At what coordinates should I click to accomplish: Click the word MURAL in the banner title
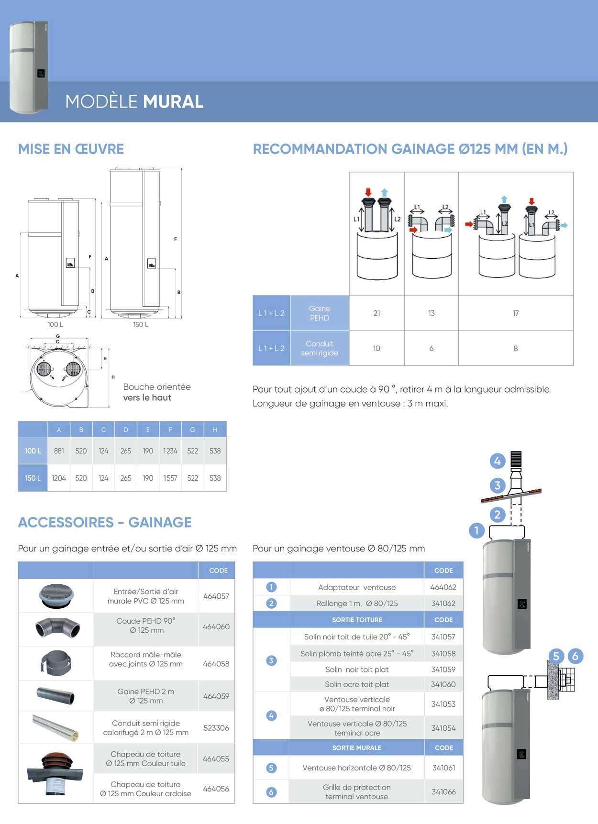(x=173, y=101)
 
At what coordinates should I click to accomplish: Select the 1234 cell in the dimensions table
(x=170, y=450)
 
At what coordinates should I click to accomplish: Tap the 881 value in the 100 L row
(x=59, y=450)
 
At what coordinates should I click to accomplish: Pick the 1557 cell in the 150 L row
(x=170, y=478)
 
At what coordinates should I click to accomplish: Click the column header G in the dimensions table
(x=192, y=429)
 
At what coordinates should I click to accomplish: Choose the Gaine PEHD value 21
(x=377, y=313)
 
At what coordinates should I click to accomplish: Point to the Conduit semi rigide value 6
(x=432, y=348)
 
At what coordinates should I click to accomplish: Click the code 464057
(x=216, y=596)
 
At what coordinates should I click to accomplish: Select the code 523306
(x=216, y=727)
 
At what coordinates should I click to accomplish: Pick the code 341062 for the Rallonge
(x=443, y=603)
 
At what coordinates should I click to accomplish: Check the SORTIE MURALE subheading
(x=357, y=747)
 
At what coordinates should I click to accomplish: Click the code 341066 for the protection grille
(x=443, y=791)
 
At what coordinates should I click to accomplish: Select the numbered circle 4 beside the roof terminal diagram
(x=498, y=461)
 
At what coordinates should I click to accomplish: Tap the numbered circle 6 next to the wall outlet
(x=575, y=656)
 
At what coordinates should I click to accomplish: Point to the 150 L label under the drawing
(x=141, y=324)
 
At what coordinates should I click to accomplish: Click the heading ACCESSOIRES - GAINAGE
(x=105, y=522)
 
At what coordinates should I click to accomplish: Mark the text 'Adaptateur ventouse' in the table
(x=357, y=587)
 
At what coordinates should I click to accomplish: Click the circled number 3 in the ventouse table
(x=271, y=660)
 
